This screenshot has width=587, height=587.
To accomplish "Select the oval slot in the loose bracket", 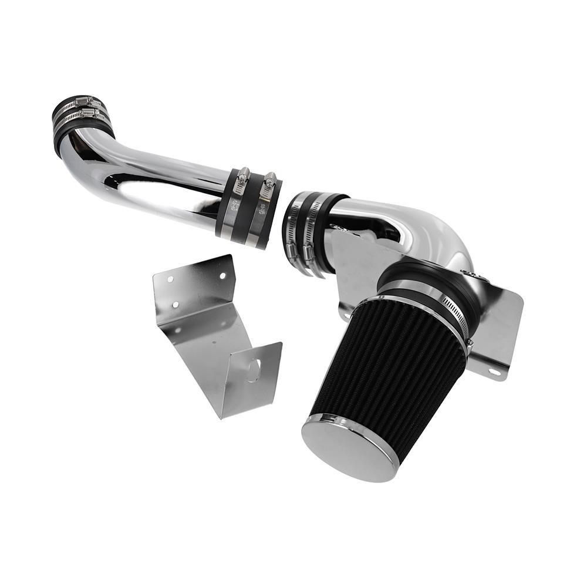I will [x=254, y=370].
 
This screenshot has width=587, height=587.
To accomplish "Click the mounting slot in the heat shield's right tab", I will [x=492, y=371].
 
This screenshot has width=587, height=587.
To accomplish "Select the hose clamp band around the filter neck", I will [x=455, y=311].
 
